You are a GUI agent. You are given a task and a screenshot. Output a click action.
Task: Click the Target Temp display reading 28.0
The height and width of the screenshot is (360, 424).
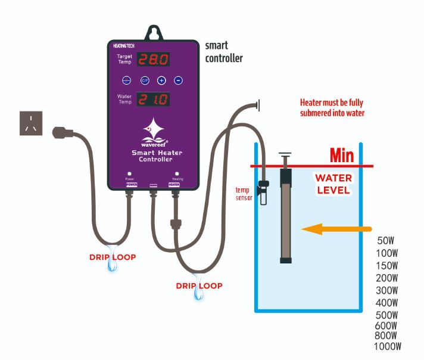[x=154, y=59]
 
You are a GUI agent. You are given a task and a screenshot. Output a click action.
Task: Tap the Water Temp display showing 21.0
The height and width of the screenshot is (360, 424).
[x=154, y=99]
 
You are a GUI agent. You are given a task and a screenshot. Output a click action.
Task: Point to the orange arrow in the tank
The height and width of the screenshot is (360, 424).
[x=336, y=229]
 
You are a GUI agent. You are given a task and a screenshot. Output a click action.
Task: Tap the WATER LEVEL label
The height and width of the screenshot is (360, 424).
[x=333, y=184]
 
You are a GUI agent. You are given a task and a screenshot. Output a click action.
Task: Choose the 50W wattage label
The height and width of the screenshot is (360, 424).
[x=386, y=241]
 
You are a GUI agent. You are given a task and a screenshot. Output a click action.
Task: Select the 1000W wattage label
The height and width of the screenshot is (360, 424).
[x=388, y=346]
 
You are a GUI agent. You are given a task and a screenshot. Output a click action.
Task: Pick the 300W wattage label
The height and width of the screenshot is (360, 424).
[x=387, y=290]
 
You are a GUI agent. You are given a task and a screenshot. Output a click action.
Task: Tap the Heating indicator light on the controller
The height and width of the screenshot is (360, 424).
[x=177, y=174]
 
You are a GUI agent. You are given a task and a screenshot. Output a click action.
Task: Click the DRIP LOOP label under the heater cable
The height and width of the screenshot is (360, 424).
[x=199, y=286]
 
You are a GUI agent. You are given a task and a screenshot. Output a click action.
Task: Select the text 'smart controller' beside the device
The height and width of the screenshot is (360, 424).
[x=223, y=52]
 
